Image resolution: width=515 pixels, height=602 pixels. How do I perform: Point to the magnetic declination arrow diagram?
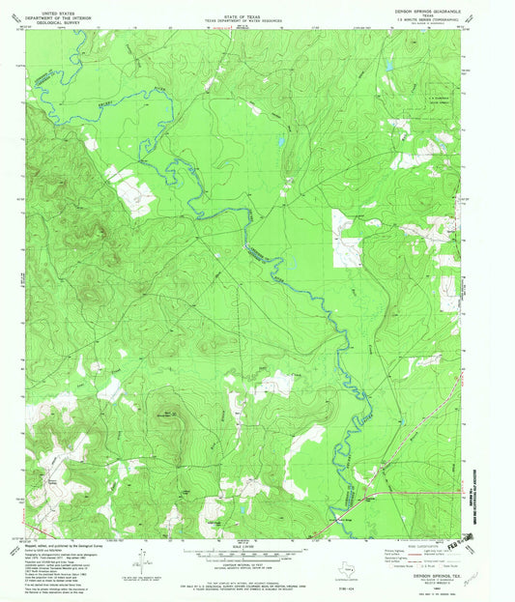coord(142,558)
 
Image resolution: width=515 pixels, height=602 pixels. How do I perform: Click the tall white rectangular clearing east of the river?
coord(346,238)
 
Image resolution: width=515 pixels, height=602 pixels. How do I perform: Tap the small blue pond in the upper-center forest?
coord(280,143)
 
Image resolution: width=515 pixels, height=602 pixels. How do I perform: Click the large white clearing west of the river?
coord(129,190)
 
